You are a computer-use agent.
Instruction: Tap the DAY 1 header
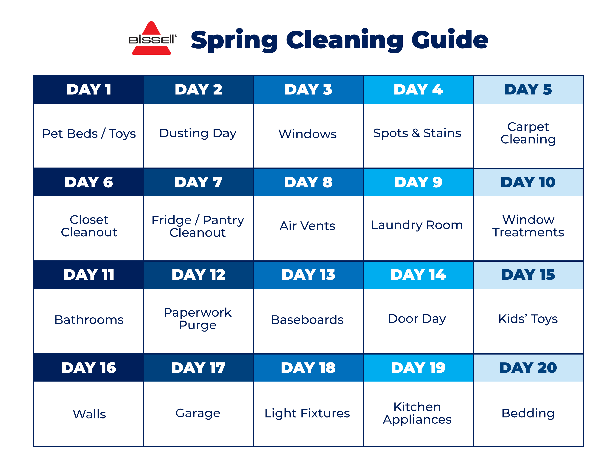click(x=89, y=89)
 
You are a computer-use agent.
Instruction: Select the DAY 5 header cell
click(x=528, y=89)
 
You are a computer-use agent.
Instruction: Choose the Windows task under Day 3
click(x=307, y=134)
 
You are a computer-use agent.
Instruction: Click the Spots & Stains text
click(x=417, y=133)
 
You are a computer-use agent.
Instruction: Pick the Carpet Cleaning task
click(x=528, y=133)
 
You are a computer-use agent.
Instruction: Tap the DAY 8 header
click(x=308, y=182)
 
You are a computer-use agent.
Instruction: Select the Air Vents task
click(x=307, y=226)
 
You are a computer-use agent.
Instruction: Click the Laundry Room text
click(x=417, y=225)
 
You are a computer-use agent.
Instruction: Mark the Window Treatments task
click(x=528, y=226)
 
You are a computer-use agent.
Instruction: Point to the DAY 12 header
click(x=199, y=275)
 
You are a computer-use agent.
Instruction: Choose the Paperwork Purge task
click(x=198, y=319)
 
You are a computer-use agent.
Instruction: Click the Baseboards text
click(x=307, y=320)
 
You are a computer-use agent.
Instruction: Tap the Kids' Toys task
click(x=528, y=319)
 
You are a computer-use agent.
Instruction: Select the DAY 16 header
click(x=89, y=368)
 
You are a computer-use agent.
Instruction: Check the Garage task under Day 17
click(x=198, y=413)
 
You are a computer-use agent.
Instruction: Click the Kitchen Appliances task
click(x=417, y=413)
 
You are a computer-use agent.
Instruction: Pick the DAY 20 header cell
click(x=528, y=368)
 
